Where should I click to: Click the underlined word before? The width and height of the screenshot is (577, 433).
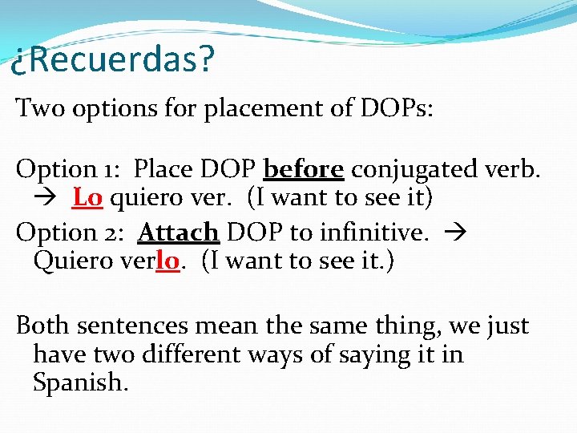coord(304,169)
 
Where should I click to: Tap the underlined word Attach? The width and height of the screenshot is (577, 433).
coord(178,233)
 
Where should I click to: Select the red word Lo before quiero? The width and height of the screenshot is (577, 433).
coord(87,196)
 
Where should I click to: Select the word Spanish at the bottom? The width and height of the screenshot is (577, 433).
coord(80,382)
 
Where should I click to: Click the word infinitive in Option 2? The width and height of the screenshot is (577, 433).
coord(372,233)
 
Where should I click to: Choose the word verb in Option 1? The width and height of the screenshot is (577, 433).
coord(513,169)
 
